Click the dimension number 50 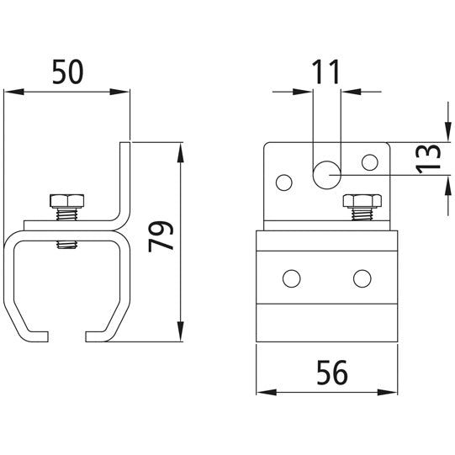pyautogui.click(x=68, y=71)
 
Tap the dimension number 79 pyautogui.click(x=161, y=236)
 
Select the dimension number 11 pyautogui.click(x=325, y=71)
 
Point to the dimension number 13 pyautogui.click(x=428, y=159)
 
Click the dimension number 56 pyautogui.click(x=332, y=373)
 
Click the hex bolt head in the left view pyautogui.click(x=66, y=201)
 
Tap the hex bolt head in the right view pyautogui.click(x=362, y=201)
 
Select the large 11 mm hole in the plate pyautogui.click(x=326, y=175)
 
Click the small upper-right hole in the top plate pyautogui.click(x=370, y=162)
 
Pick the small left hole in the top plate pyautogui.click(x=284, y=183)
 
